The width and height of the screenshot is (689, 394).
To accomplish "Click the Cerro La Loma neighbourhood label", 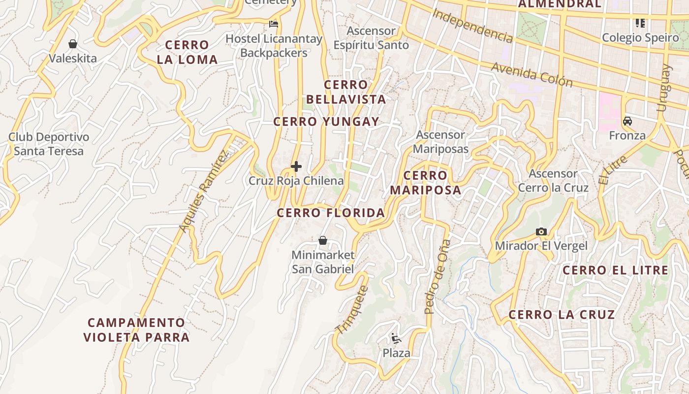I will point(187,52).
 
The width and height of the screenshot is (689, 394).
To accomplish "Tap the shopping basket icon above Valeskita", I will point(73,44).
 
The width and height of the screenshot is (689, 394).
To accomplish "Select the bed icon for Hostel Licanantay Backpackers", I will point(274,24).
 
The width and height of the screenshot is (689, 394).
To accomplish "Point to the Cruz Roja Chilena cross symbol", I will point(296,166).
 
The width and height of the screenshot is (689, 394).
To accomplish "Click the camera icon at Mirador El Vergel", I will point(541,231).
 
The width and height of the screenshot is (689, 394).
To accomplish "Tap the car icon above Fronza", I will point(627,121).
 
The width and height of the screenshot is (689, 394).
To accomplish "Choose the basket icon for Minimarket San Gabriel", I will point(323,240).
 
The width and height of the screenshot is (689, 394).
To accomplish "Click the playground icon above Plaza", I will point(396,338).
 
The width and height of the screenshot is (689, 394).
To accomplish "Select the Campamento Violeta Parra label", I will point(136,330).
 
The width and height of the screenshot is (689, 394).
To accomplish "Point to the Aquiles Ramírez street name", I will point(204,191).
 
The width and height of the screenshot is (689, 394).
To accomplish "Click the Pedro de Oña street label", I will point(438,277).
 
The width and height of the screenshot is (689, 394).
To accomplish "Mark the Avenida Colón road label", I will point(532,74).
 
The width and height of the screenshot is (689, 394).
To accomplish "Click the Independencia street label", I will point(472,25).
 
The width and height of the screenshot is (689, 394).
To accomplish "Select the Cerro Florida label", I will point(331,213).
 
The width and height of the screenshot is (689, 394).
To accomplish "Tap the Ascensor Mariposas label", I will point(440,142).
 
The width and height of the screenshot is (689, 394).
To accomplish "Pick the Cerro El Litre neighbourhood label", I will point(616,270).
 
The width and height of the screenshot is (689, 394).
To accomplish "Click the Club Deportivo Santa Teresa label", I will point(49,144).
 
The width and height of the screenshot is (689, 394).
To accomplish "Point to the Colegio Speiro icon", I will point(640,23).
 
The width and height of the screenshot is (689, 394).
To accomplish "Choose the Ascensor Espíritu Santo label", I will point(371,38).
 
